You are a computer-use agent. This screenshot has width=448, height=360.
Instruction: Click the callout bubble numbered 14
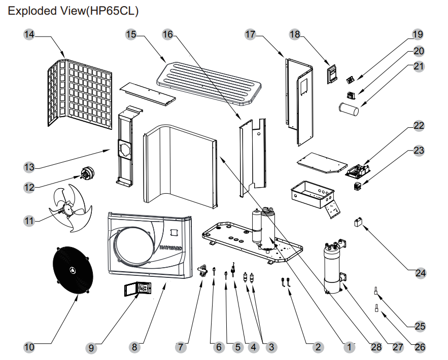[x=29, y=34]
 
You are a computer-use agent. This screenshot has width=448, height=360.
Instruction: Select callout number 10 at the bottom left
[x=29, y=347]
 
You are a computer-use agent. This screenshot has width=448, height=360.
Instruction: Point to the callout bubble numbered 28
[x=376, y=347]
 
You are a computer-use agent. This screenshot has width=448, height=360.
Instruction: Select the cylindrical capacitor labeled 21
[x=349, y=109]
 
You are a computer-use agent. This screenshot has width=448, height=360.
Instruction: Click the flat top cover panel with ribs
[x=209, y=81]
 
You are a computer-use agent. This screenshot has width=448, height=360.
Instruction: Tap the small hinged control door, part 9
[x=138, y=290]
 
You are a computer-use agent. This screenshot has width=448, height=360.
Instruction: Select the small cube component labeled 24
[x=359, y=222]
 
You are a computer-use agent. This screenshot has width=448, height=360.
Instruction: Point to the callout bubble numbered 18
[x=295, y=34]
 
